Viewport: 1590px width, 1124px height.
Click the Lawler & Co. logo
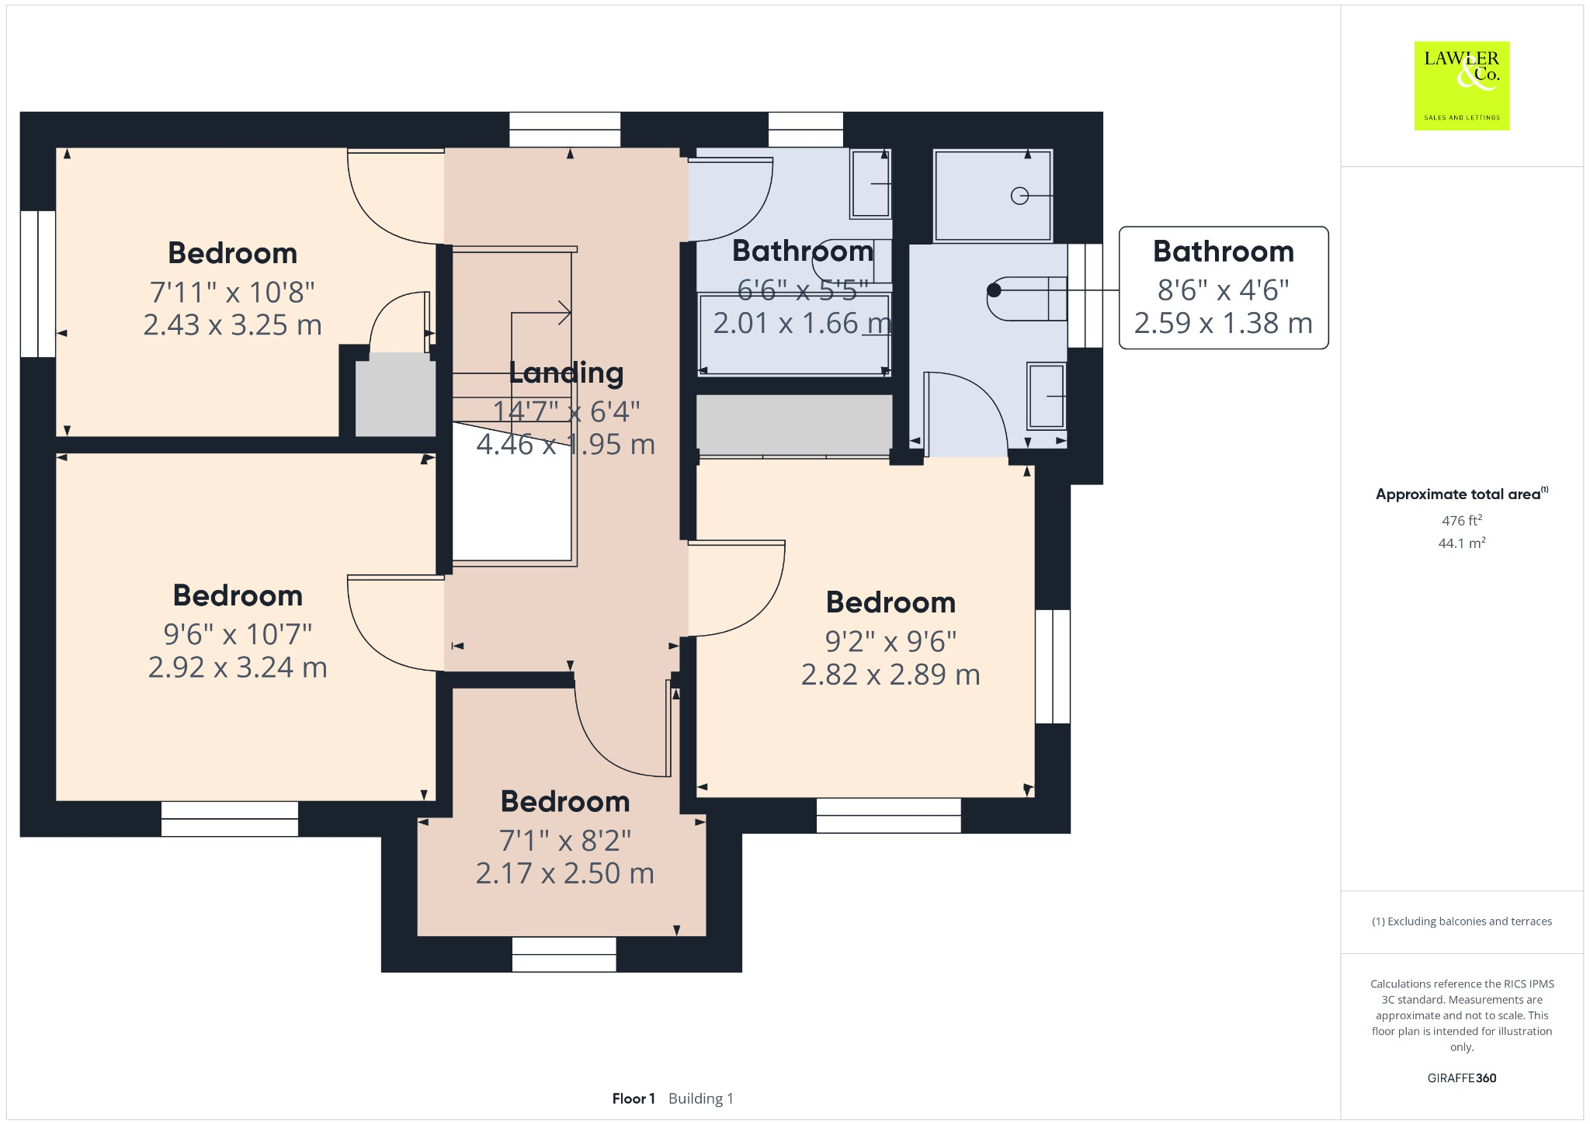(x=1461, y=85)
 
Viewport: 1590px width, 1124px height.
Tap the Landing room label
(x=566, y=373)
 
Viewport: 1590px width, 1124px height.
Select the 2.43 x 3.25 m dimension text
(x=232, y=324)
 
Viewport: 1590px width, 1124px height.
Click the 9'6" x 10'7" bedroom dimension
(x=238, y=634)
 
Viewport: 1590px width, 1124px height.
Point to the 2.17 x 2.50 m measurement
(x=564, y=873)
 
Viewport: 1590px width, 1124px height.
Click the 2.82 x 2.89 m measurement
(x=890, y=675)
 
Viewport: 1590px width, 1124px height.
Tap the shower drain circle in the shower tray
(x=1019, y=196)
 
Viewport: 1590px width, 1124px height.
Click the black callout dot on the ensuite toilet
(x=994, y=290)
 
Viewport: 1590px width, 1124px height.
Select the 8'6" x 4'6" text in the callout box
(x=1223, y=290)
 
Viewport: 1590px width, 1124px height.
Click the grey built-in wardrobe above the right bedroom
(x=793, y=424)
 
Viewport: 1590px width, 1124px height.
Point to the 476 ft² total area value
(x=1461, y=520)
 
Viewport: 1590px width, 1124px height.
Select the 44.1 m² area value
(x=1461, y=543)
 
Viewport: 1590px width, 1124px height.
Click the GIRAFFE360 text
(x=1461, y=1077)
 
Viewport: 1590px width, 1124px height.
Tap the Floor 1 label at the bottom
(x=633, y=1098)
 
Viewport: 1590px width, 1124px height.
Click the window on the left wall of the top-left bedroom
(x=37, y=283)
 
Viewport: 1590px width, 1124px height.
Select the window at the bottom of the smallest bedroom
(x=564, y=954)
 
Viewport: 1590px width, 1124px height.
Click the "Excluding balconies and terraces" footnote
(x=1461, y=921)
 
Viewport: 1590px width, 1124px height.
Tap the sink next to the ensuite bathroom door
(x=1046, y=396)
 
